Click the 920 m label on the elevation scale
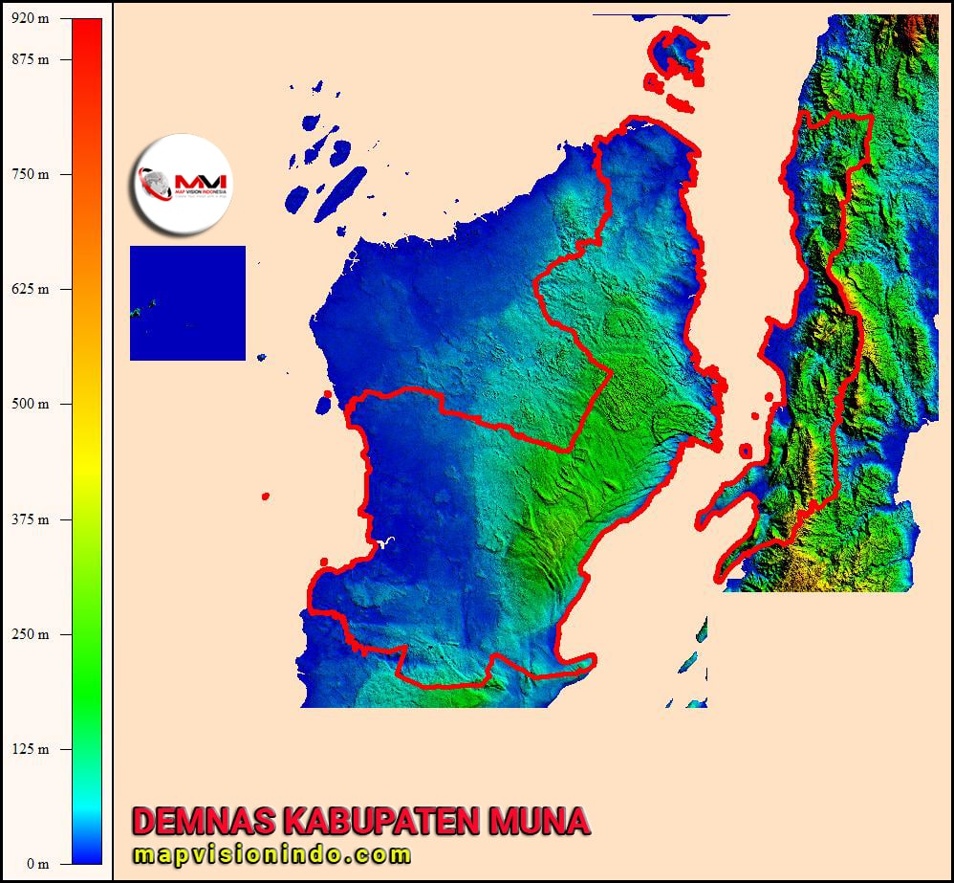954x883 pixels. (x=29, y=19)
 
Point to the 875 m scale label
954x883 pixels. (x=29, y=59)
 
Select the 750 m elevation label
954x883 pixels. (x=29, y=174)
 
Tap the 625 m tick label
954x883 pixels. (x=29, y=289)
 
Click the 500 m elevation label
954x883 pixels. (x=29, y=404)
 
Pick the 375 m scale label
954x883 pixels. (x=29, y=519)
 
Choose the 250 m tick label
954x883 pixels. (x=29, y=634)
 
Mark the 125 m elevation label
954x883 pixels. (x=29, y=749)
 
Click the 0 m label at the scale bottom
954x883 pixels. (x=36, y=864)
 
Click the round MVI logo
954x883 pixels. (x=182, y=185)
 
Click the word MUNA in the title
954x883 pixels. (x=538, y=821)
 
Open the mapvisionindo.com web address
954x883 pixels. (x=271, y=854)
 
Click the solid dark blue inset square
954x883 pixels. (x=187, y=302)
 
